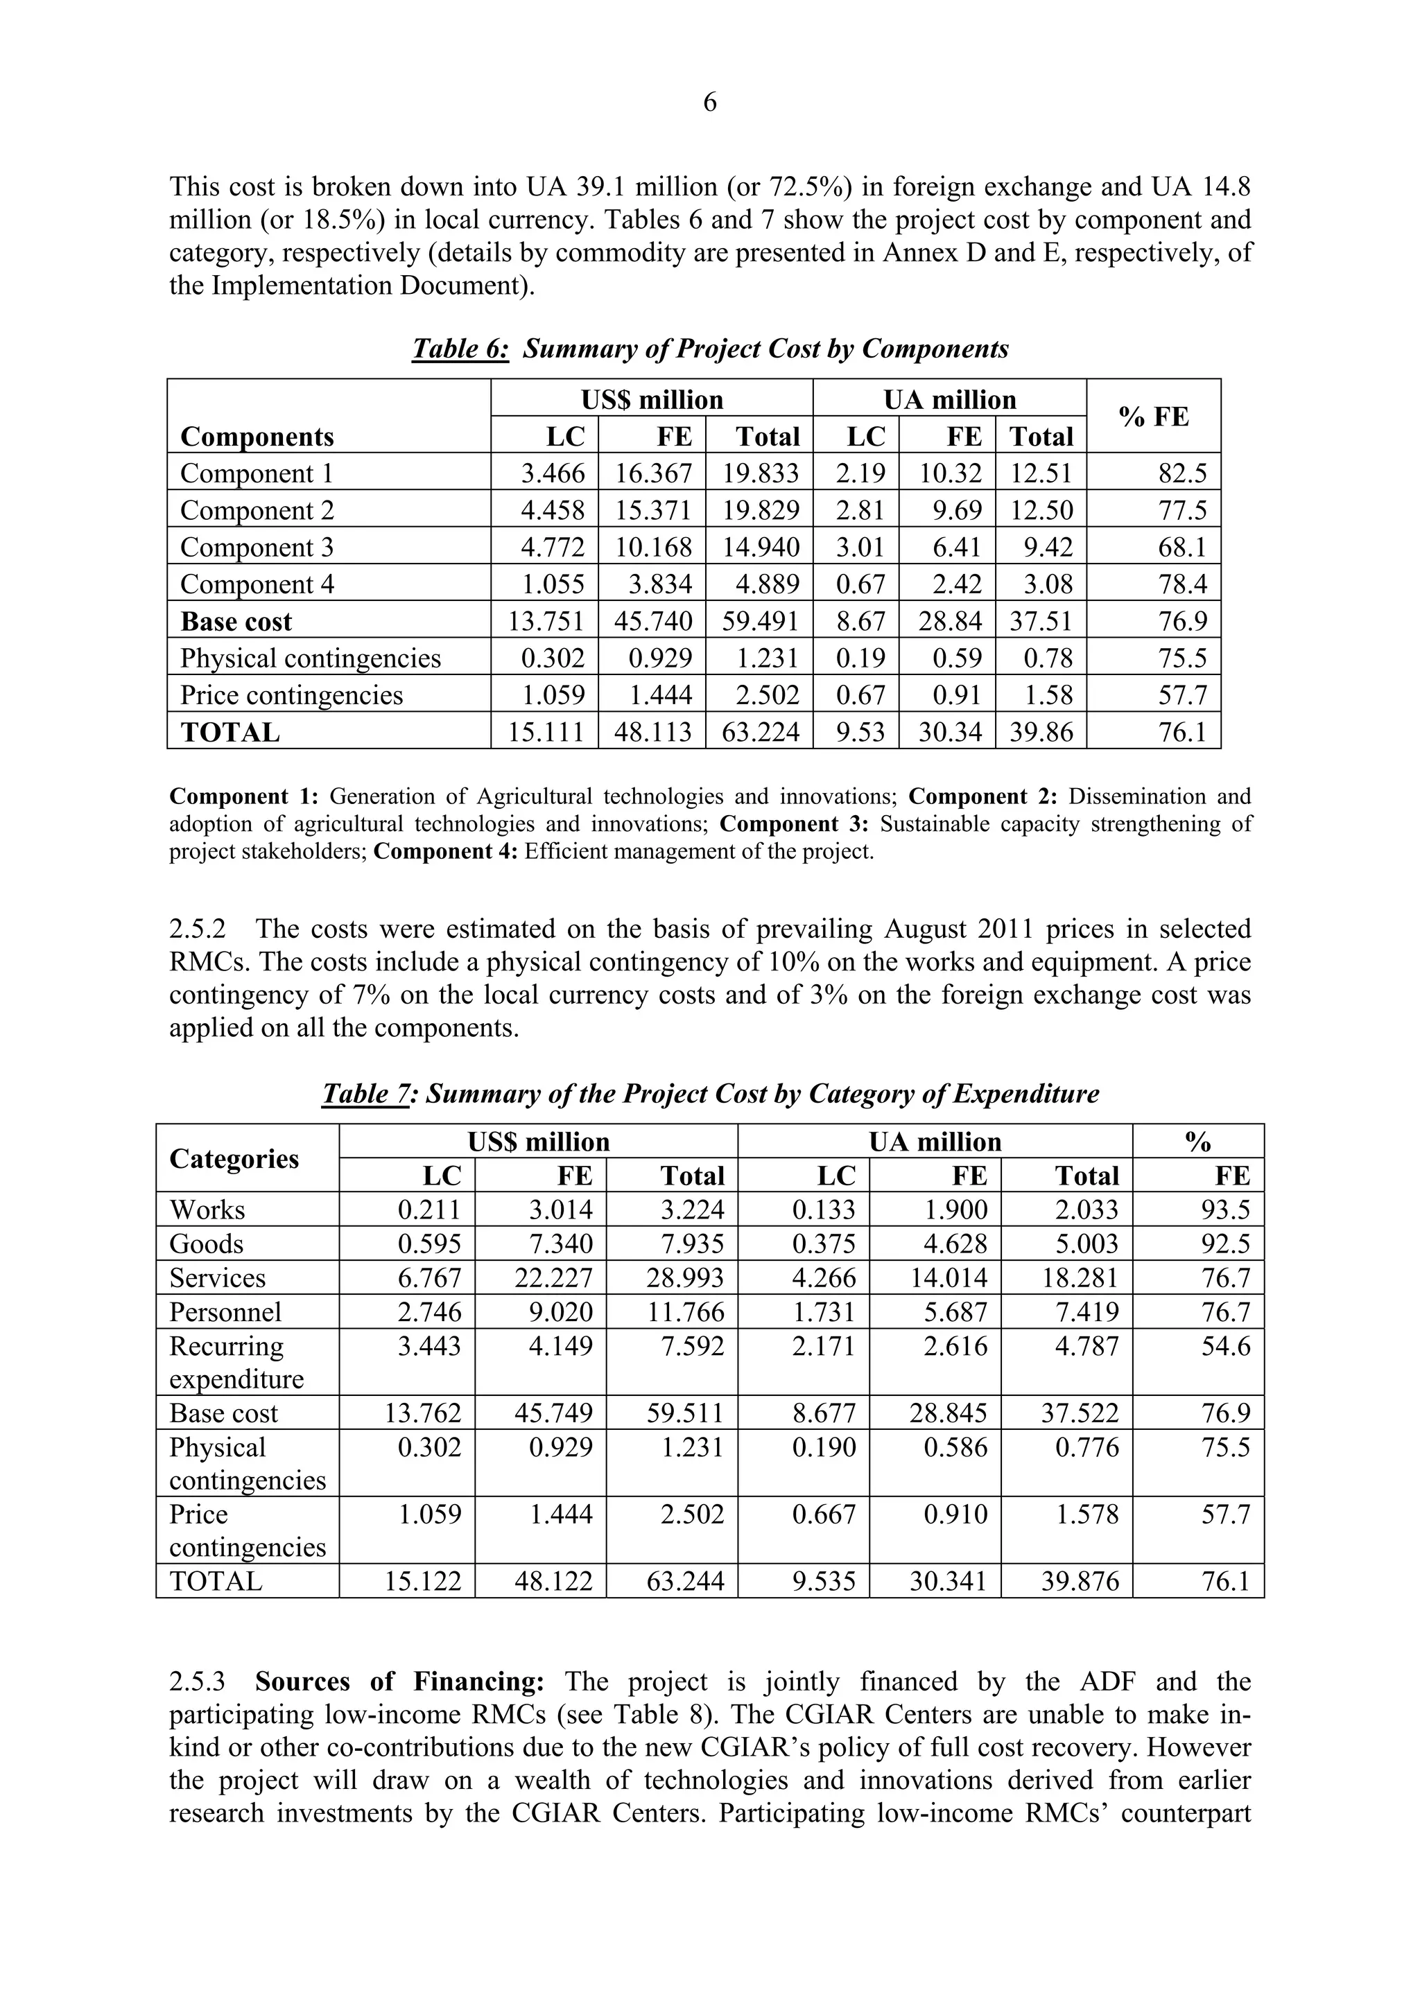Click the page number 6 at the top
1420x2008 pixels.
[x=709, y=103]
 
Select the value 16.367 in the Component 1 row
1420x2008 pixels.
[x=652, y=473]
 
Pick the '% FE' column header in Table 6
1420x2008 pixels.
[x=1153, y=417]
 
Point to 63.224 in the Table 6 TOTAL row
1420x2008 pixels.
[x=759, y=731]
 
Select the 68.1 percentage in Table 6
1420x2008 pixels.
[x=1183, y=548]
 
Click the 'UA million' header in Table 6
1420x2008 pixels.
[x=949, y=400]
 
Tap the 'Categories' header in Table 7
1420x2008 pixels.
[x=234, y=1158]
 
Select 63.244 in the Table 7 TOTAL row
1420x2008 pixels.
[x=685, y=1580]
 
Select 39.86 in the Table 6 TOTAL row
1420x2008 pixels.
[x=1041, y=731]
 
